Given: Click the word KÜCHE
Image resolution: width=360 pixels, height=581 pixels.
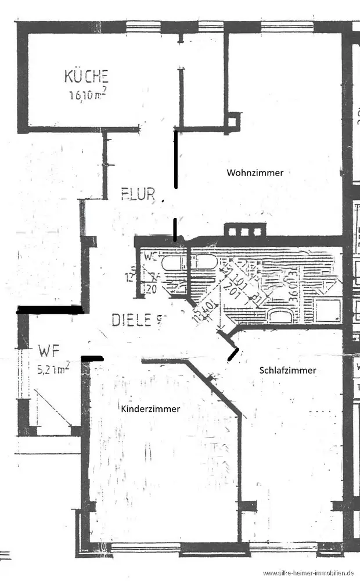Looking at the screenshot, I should click(87, 76).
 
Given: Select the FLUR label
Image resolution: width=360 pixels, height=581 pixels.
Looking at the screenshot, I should click(138, 193).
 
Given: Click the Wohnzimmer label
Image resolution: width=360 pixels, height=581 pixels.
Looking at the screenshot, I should click(255, 173).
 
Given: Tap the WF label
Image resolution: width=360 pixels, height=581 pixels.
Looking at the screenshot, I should click(48, 351).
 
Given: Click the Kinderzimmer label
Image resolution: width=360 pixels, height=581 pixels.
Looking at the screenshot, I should click(150, 408).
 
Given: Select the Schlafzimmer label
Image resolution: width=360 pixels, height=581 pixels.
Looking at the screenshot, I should click(288, 370).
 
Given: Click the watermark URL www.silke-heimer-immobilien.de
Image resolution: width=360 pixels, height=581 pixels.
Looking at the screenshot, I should click(311, 573).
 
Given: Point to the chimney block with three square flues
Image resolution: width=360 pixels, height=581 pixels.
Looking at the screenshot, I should click(244, 230).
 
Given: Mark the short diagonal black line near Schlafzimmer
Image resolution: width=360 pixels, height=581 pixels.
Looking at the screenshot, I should click(233, 354).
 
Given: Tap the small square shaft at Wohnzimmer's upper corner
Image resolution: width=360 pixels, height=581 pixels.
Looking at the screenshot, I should click(234, 120).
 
